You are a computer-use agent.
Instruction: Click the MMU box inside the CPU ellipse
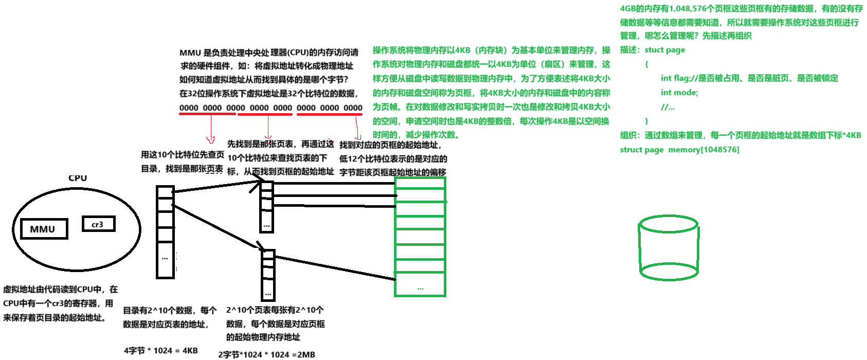click(44, 229)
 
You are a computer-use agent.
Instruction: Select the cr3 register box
click(98, 224)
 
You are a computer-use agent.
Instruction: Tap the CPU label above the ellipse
click(78, 178)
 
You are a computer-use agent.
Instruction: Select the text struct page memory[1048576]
click(679, 150)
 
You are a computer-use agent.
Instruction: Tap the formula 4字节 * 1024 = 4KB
click(160, 351)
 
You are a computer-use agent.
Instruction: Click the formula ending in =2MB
click(266, 354)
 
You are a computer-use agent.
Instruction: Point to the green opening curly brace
click(646, 64)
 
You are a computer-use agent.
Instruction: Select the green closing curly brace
click(646, 121)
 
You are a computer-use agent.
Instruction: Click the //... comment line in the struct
click(667, 107)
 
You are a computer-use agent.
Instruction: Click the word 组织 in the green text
click(628, 135)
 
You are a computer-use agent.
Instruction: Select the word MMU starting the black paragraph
click(190, 52)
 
